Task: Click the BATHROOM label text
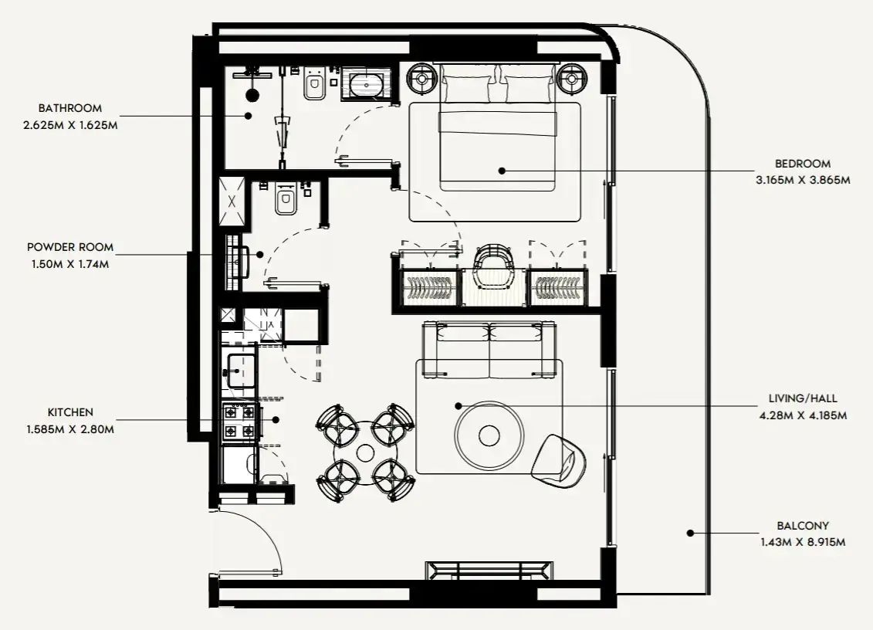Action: [70, 108]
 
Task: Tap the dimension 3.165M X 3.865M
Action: [803, 181]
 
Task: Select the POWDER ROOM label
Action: [70, 247]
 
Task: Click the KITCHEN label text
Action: [70, 412]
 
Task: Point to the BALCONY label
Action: [803, 525]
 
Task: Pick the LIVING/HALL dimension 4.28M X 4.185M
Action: [803, 415]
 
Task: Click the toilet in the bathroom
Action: [315, 83]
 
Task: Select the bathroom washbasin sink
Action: [366, 85]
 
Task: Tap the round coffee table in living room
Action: [489, 435]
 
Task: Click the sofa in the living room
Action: [489, 350]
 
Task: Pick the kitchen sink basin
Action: [240, 371]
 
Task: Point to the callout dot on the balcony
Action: [690, 533]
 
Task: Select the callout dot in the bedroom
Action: [502, 171]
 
